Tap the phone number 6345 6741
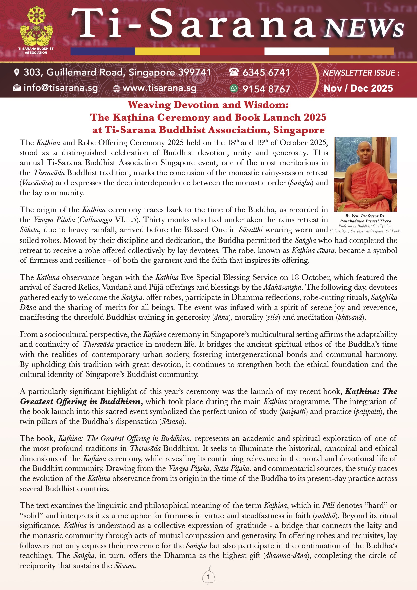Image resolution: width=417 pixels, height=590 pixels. [266, 73]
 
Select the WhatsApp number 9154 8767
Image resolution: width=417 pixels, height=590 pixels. [266, 89]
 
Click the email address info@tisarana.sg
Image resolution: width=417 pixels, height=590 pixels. [61, 88]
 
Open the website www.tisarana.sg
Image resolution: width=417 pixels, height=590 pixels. [159, 88]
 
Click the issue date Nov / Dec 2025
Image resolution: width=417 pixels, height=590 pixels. [358, 88]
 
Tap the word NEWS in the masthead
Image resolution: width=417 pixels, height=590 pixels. [363, 28]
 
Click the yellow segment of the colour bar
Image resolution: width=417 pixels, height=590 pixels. [167, 51]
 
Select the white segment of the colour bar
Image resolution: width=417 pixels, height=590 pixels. [296, 51]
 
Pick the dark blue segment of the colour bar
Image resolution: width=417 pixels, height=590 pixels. [103, 51]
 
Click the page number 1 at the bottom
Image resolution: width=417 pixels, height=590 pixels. [208, 577]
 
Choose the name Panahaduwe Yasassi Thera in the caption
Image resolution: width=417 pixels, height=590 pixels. [365, 221]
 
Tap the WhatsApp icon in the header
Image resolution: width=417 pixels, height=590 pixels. [234, 88]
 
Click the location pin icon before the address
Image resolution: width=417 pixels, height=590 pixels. [17, 72]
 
